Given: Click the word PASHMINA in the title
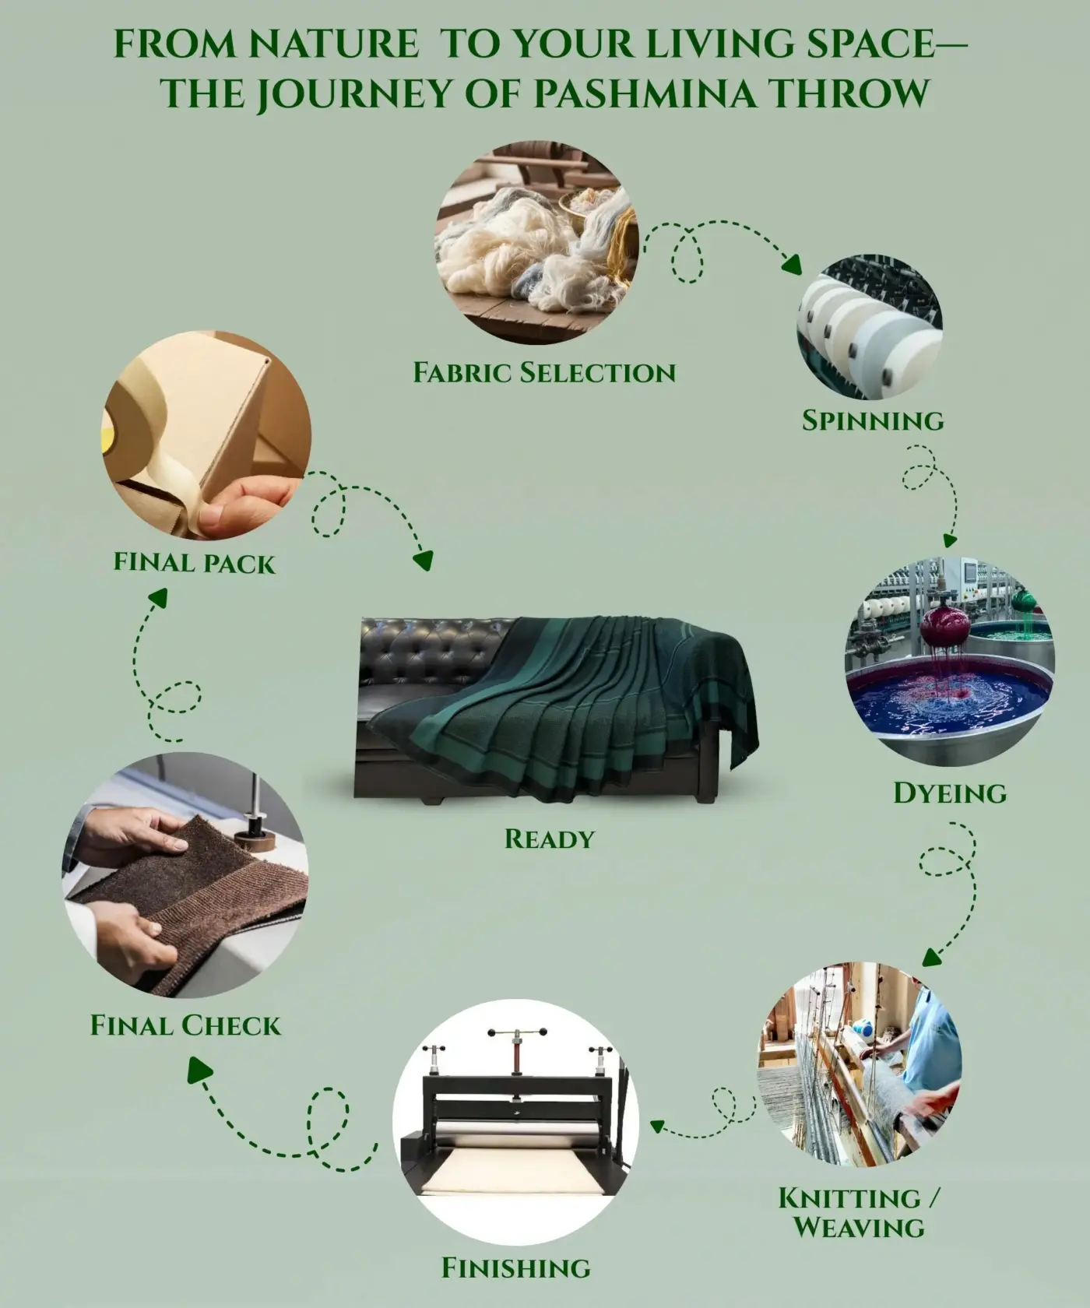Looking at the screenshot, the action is (x=645, y=93).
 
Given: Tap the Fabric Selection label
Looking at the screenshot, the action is (x=544, y=373).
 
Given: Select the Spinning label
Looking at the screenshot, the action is (x=873, y=420).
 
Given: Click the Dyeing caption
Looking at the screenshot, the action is (x=950, y=793).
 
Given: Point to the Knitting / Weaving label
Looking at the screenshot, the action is (x=860, y=1213).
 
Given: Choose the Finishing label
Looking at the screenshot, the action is (x=516, y=1268).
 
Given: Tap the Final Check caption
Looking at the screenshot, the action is (x=185, y=1025).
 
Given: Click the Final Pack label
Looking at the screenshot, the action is (x=195, y=562).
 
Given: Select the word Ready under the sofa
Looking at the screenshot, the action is (x=549, y=839).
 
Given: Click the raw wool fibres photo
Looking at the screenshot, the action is (x=537, y=242).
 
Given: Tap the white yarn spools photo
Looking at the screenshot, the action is (x=869, y=327).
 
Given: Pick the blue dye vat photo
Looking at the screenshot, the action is (x=950, y=662).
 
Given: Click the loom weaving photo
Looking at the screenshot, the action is (x=860, y=1064).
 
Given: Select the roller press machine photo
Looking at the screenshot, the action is (x=515, y=1123).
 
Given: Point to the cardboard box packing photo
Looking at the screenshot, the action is (x=206, y=434).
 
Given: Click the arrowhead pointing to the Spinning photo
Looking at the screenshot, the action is (x=793, y=265).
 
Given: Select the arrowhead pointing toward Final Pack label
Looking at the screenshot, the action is (x=158, y=597).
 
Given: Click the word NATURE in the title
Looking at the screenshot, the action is (x=334, y=44).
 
